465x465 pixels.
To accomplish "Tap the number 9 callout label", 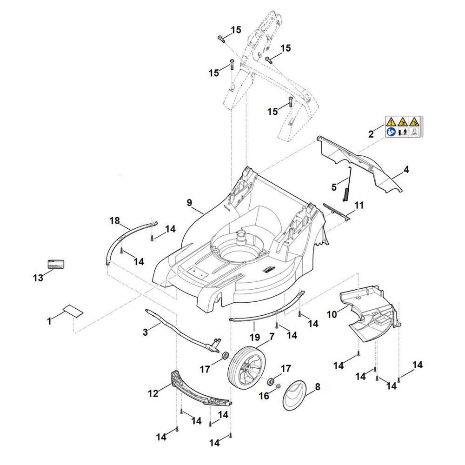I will pos(189,203).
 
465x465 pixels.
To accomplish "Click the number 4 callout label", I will pos(406,170).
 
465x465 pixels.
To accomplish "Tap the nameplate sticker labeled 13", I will pos(57,265).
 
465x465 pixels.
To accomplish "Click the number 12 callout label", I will pos(153,393).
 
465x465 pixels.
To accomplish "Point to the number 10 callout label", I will pos(332,315).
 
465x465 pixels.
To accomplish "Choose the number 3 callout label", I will pos(146,332).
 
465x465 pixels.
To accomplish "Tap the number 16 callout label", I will pos(264,396).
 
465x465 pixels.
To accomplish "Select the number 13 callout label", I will pos(38,278).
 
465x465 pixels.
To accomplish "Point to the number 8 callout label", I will pos(318,386).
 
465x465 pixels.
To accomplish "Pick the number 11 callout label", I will pos(359,205).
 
